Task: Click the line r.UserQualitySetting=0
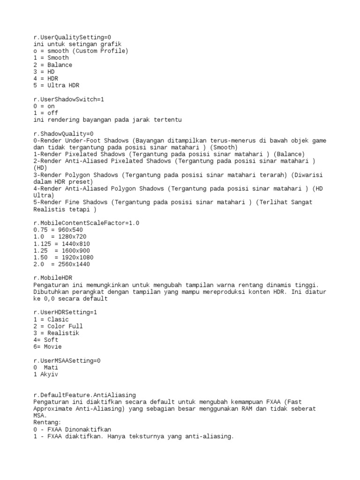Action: [x=72, y=37]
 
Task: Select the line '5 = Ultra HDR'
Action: [x=56, y=85]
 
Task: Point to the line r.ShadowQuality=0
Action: [x=63, y=134]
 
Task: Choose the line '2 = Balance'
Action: [x=52, y=65]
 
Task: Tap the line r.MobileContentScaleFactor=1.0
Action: [x=86, y=223]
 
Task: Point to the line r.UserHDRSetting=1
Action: [x=65, y=312]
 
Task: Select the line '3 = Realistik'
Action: [x=56, y=333]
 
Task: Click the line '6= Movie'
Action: [x=47, y=347]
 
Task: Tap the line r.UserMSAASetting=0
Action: [x=67, y=360]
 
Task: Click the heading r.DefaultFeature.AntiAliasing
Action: [x=84, y=395]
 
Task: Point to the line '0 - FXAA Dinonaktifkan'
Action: [x=72, y=429]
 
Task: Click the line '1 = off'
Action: [x=45, y=113]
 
